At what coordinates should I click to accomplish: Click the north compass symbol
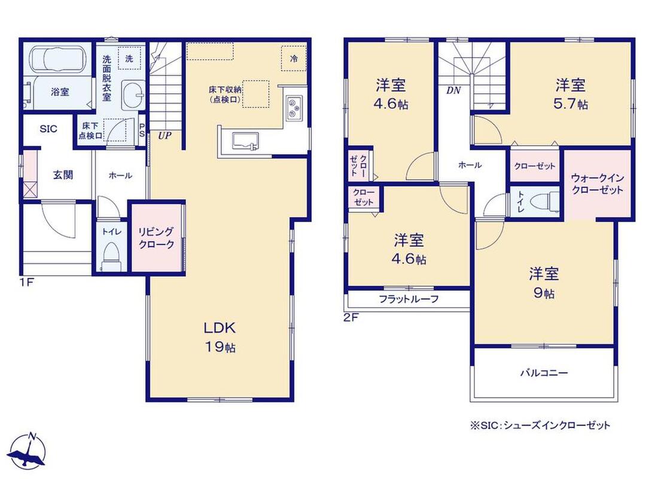tap(26, 451)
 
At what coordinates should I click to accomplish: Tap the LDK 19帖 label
tap(220, 337)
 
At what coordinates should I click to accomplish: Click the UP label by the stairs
tap(164, 135)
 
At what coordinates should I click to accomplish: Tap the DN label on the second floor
tap(453, 90)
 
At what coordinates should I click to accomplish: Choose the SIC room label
tap(48, 129)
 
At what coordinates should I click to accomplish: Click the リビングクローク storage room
tap(157, 238)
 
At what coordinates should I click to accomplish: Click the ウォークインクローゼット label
tap(597, 184)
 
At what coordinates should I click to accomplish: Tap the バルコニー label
tap(544, 373)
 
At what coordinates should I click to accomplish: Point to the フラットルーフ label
tap(409, 299)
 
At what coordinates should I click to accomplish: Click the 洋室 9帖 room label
tap(544, 283)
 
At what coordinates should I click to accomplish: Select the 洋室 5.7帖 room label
tap(571, 94)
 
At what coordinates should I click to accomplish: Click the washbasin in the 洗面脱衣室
tap(133, 93)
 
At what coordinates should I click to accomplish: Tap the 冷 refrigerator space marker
tap(294, 59)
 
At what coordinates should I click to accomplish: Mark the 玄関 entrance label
tap(63, 175)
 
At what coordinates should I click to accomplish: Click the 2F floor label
tap(351, 318)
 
